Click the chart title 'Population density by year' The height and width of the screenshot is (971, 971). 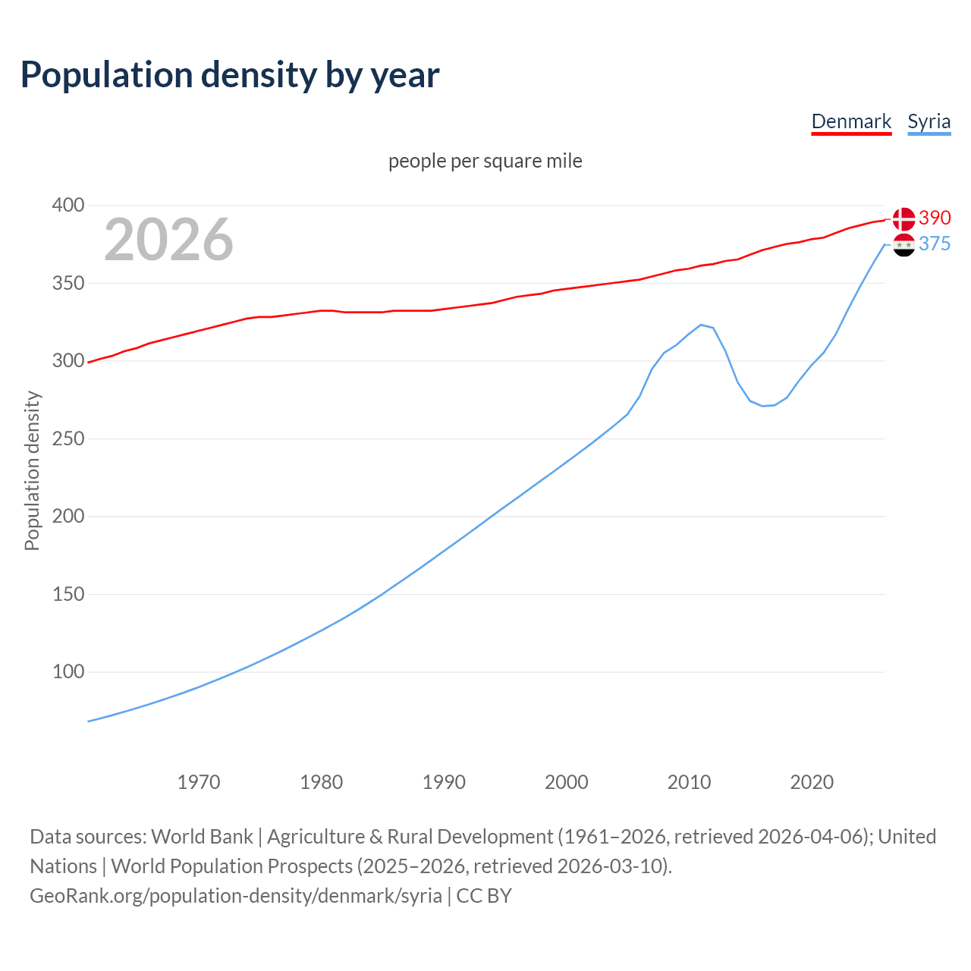point(230,75)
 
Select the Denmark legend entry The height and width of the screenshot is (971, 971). point(851,121)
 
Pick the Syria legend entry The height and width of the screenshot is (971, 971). point(929,121)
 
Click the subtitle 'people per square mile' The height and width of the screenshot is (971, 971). point(485,161)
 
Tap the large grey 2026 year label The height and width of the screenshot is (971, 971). point(168,240)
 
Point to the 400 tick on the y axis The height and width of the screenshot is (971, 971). point(68,205)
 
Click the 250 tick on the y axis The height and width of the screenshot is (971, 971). point(68,438)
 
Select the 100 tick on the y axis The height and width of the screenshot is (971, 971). point(68,671)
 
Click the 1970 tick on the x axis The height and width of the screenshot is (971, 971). point(199,782)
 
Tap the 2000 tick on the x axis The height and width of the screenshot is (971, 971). point(566,782)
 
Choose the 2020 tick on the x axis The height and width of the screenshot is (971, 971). point(812,782)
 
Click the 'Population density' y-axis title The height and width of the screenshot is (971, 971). point(32,470)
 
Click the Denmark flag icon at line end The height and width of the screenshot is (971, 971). point(903,218)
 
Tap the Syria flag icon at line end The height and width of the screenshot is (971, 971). point(903,245)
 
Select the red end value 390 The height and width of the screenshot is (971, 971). point(935,218)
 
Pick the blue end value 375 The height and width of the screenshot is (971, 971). point(935,244)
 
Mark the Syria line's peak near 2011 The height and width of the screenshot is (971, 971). point(701,325)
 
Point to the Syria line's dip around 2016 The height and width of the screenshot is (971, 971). point(763,406)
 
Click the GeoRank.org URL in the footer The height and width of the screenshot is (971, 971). point(236,896)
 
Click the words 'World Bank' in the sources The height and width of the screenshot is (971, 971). point(202,837)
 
